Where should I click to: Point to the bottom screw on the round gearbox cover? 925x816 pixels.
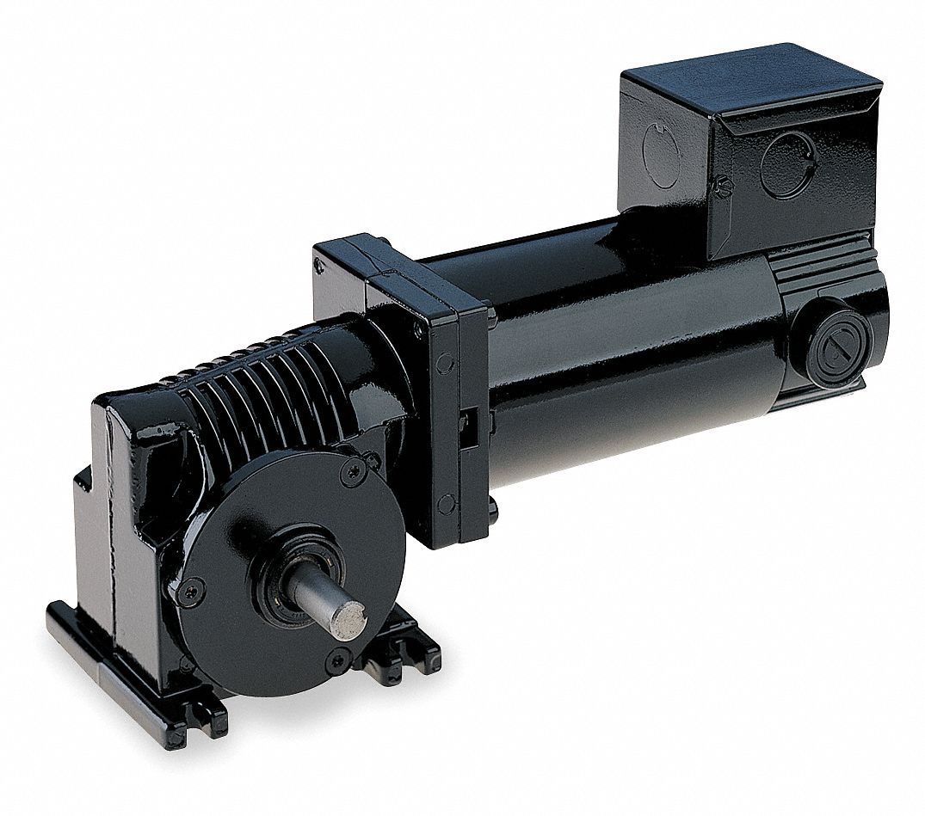[338, 660]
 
